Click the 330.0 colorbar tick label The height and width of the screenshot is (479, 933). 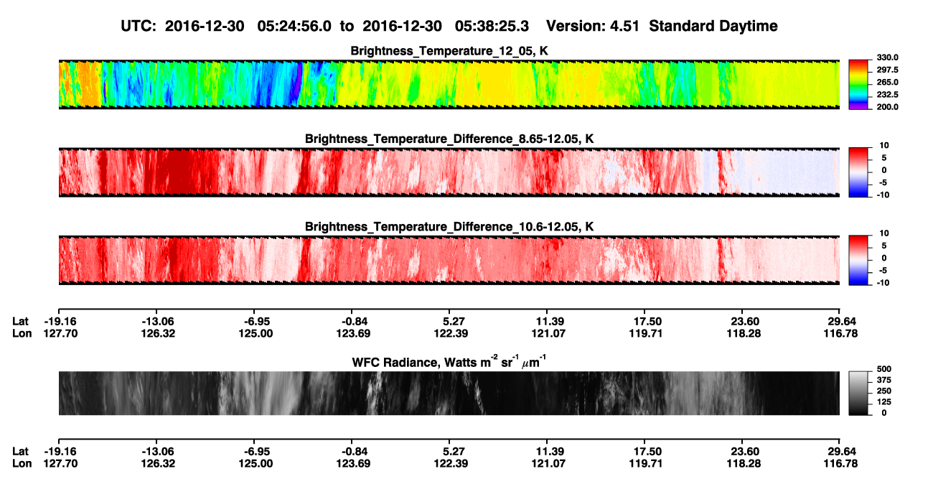click(887, 57)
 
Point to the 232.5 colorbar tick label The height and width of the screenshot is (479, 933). click(887, 95)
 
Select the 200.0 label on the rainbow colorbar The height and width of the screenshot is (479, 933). click(887, 107)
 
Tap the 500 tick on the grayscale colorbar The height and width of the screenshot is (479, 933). click(884, 369)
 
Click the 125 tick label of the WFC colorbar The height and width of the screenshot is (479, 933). click(884, 402)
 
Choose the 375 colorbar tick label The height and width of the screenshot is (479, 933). click(884, 380)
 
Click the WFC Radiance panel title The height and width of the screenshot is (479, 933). click(449, 362)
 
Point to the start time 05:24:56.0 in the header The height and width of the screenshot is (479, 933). click(294, 26)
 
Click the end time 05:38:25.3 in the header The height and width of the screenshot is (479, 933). click(492, 26)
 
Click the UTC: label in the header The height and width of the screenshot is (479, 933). click(139, 26)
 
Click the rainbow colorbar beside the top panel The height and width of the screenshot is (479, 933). click(858, 85)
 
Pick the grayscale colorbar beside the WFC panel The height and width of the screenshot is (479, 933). click(858, 393)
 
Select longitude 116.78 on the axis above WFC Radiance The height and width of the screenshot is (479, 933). click(840, 333)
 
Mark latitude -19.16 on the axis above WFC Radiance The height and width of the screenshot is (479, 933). click(60, 322)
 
